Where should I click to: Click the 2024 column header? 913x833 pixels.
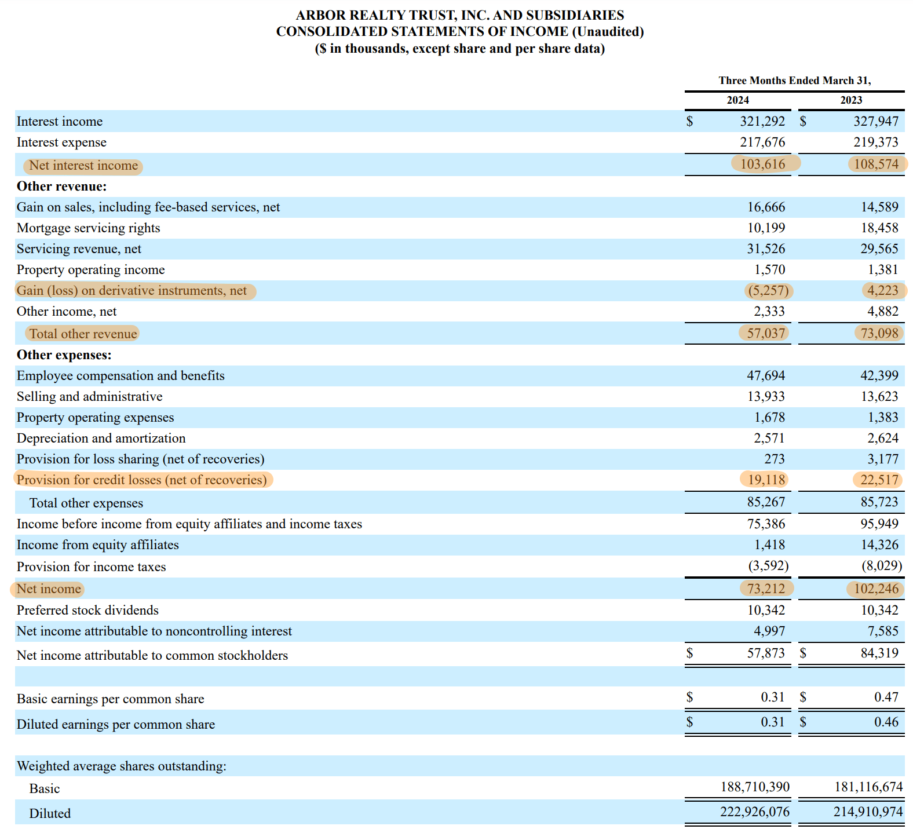737,100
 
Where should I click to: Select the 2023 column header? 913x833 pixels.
851,100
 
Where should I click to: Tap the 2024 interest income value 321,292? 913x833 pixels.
762,122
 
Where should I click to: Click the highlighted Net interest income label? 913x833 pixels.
83,166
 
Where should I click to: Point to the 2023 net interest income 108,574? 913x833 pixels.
877,164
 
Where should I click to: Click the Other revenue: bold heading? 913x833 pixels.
62,187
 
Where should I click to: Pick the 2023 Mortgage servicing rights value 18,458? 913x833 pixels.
879,228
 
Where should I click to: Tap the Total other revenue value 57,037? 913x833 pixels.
765,333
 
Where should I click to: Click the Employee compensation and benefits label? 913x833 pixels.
120,376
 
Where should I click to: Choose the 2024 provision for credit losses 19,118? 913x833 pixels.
766,480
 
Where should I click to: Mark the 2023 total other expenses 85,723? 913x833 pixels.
879,502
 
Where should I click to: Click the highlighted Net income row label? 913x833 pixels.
49,589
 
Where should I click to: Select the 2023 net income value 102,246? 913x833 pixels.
876,589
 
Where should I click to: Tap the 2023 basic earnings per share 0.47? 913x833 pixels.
886,697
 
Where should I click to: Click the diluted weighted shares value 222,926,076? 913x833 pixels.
754,812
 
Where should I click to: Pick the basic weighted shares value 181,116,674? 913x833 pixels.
868,787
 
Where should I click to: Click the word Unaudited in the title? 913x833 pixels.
608,32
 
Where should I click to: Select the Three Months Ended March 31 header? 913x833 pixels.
794,81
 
